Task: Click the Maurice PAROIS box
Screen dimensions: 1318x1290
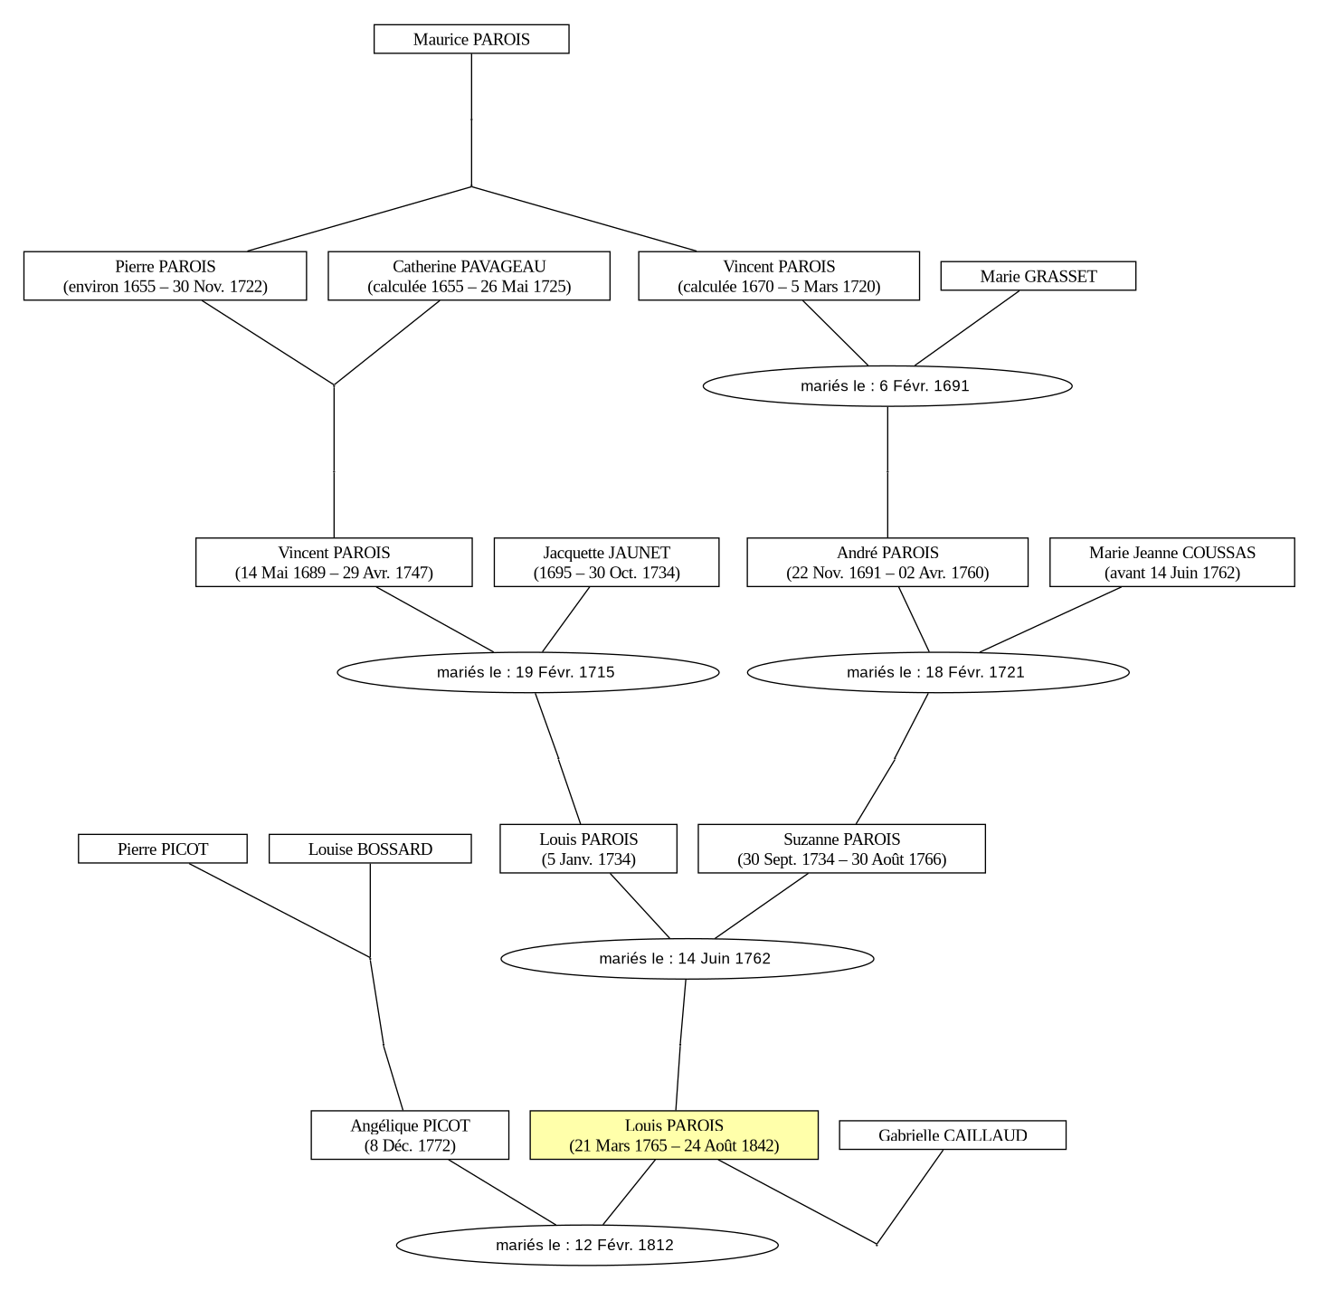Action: [471, 39]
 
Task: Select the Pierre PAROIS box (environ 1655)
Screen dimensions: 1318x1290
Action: [165, 276]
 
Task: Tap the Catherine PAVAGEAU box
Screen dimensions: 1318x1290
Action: [469, 276]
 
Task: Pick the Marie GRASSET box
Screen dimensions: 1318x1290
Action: [1038, 276]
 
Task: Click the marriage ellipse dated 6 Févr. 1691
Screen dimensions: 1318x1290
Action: [887, 385]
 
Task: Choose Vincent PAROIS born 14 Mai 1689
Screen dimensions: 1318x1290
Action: [334, 563]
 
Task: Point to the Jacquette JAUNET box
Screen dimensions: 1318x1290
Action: [606, 563]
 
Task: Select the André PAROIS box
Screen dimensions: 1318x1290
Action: [887, 563]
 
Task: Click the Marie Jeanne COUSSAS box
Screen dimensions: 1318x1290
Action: [1171, 563]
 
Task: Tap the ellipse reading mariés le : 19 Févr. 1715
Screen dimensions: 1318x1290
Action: [528, 672]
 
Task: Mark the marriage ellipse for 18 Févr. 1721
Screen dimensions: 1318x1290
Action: [938, 672]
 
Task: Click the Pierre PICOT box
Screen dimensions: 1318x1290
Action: [163, 849]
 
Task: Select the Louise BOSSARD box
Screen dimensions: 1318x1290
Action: [370, 849]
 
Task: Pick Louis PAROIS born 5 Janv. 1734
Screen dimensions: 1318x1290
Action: [588, 849]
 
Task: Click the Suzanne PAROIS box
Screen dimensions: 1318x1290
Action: [841, 849]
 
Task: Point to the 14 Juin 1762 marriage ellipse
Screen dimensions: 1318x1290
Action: [687, 959]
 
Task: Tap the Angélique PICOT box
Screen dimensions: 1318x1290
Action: [410, 1135]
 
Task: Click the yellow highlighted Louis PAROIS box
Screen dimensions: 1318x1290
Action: [674, 1135]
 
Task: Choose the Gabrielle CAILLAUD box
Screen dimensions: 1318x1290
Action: [953, 1135]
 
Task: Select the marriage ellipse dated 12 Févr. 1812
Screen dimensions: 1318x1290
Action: [587, 1246]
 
